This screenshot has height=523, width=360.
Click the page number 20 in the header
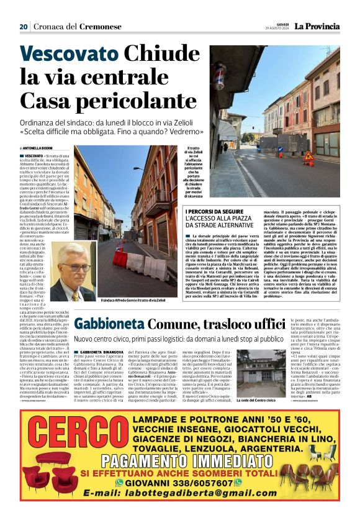tap(24, 27)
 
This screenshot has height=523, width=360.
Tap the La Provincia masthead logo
tap(317, 26)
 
